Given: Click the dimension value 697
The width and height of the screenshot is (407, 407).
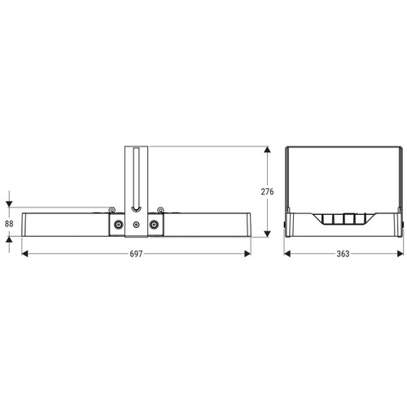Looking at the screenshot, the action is pyautogui.click(x=136, y=254).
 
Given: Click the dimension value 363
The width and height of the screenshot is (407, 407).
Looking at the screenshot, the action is pyautogui.click(x=343, y=254).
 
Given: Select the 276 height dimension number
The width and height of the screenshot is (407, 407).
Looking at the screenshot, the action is pyautogui.click(x=267, y=191).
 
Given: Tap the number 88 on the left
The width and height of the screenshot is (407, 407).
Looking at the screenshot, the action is pyautogui.click(x=9, y=224).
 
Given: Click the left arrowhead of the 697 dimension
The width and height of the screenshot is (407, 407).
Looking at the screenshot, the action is pyautogui.click(x=24, y=254).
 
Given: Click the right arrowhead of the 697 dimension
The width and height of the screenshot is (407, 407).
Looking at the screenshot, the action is pyautogui.click(x=247, y=254).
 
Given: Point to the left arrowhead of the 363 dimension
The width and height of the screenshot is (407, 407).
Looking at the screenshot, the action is pyautogui.click(x=287, y=254).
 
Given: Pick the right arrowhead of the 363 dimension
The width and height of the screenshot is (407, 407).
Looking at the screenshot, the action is pyautogui.click(x=400, y=254).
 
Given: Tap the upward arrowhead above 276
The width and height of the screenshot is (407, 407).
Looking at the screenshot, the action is pyautogui.click(x=268, y=150).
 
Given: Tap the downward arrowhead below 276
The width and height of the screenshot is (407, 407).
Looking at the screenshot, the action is pyautogui.click(x=268, y=234).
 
